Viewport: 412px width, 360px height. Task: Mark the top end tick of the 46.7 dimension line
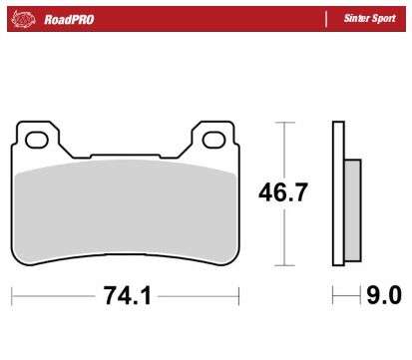[x=286, y=123]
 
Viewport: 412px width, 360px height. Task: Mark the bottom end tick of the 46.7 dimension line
[x=286, y=266]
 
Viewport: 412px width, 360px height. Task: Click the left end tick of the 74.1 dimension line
[x=13, y=297]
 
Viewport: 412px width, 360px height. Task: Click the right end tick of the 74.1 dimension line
[x=239, y=297]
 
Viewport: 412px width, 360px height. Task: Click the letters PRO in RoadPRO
[x=82, y=19]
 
